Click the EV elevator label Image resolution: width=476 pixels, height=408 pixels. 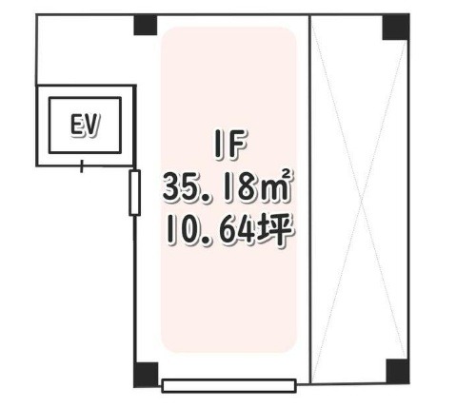click(x=85, y=126)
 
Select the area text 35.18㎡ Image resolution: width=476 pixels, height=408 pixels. click(x=227, y=186)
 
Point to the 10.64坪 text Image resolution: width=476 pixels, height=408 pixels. click(x=229, y=230)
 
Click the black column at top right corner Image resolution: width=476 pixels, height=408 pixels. click(x=395, y=28)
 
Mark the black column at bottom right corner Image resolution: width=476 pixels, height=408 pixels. click(x=397, y=371)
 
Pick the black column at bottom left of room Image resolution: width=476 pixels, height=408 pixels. click(x=146, y=375)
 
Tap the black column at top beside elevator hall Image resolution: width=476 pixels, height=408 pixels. click(x=146, y=25)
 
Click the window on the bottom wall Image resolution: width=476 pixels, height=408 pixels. click(x=229, y=386)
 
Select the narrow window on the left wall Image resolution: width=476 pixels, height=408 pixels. click(x=135, y=193)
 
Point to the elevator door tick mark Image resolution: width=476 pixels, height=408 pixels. click(x=82, y=166)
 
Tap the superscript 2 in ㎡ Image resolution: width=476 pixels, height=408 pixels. click(x=286, y=174)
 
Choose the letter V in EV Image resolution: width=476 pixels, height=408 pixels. click(x=92, y=126)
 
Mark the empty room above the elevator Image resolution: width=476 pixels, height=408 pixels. click(x=86, y=50)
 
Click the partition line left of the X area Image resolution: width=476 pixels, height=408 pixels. click(x=309, y=200)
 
